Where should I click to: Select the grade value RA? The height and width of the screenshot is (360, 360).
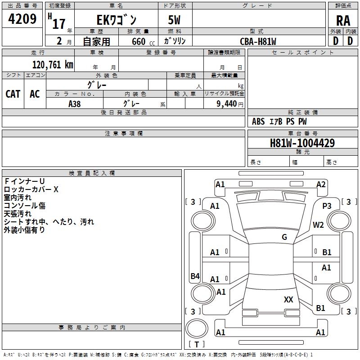(343, 21)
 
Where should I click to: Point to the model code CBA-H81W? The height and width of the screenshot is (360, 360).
(258, 41)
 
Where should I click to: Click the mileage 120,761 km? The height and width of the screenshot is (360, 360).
(53, 65)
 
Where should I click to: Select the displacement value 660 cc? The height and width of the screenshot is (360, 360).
(139, 41)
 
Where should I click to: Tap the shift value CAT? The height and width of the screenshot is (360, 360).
(13, 94)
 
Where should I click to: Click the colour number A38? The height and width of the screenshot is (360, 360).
(74, 103)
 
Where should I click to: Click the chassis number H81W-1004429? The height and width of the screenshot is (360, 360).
(302, 144)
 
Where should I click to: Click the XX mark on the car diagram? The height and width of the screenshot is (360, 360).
(288, 299)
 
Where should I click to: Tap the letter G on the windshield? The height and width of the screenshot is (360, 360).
(284, 237)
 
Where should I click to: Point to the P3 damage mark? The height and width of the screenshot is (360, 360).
(327, 205)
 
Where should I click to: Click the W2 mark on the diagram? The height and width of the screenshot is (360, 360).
(319, 225)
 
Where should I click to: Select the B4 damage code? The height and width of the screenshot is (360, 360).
(195, 276)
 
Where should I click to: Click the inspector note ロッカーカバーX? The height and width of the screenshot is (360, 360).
(31, 189)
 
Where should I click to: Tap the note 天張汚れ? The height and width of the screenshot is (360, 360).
(18, 214)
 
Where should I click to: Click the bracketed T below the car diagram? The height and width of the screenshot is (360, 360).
(197, 345)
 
